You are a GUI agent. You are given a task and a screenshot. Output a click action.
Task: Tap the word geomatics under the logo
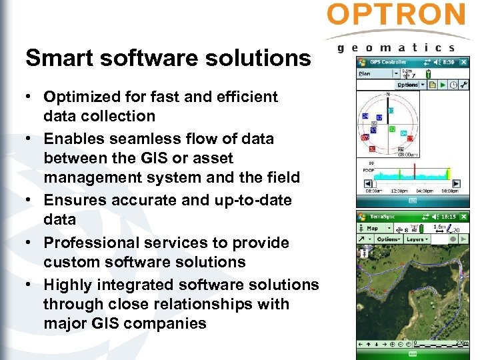coord(396,47)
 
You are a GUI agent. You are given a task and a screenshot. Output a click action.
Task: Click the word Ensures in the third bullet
coord(71,200)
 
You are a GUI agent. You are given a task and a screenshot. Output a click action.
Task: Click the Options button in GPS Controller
coord(408,85)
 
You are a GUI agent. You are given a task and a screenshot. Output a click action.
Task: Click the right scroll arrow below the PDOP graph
coord(457,183)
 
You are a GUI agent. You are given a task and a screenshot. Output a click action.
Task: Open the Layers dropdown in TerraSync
coord(417,239)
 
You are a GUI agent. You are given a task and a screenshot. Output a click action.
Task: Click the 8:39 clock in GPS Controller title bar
coord(450,62)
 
